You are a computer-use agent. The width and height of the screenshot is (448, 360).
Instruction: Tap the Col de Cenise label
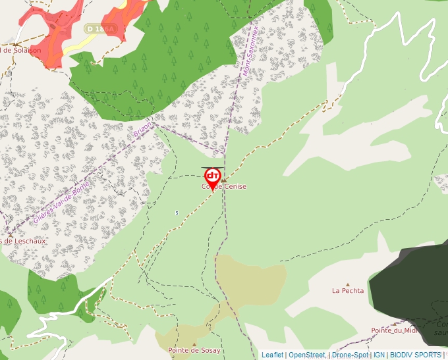click(x=224, y=187)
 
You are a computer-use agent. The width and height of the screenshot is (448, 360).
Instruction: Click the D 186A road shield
click(x=100, y=28)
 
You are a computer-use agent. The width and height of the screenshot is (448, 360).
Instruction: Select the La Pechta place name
click(x=348, y=290)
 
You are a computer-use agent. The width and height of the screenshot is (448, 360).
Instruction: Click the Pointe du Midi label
click(x=395, y=330)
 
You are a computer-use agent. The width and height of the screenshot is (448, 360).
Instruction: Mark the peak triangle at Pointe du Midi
click(x=395, y=323)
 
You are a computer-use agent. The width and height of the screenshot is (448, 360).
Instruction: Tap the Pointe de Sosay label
click(x=194, y=351)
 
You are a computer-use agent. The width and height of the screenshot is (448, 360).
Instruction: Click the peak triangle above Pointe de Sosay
click(x=194, y=344)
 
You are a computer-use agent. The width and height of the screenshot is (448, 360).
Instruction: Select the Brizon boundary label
click(x=142, y=129)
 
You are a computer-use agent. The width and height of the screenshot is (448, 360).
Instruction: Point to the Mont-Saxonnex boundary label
click(x=250, y=48)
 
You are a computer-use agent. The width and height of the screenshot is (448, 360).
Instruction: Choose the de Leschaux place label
click(x=23, y=241)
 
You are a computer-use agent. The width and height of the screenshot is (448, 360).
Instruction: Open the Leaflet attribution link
click(x=272, y=355)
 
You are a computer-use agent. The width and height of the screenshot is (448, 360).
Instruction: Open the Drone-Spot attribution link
click(x=349, y=355)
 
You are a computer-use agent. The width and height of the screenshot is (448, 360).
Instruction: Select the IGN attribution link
click(x=379, y=355)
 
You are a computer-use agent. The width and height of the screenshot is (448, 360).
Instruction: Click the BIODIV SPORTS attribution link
click(x=415, y=355)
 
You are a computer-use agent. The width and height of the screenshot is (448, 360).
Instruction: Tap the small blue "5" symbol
click(x=177, y=213)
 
